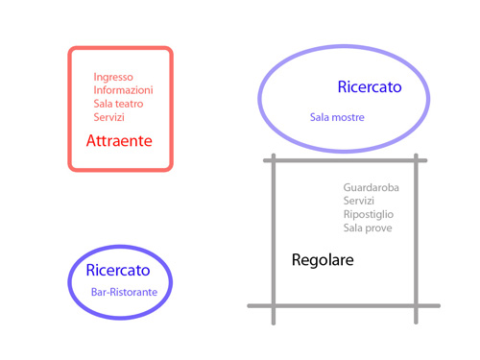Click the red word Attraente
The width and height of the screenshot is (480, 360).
click(x=119, y=140)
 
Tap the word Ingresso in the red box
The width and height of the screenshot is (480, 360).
click(x=113, y=77)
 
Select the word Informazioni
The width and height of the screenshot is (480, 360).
click(x=123, y=90)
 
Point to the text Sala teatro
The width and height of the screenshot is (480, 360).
click(x=119, y=104)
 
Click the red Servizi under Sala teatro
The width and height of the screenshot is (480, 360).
click(x=109, y=117)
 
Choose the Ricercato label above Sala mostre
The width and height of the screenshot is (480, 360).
click(x=370, y=87)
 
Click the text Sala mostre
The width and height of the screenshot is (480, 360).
click(x=337, y=117)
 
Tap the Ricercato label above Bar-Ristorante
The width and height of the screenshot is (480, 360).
click(x=118, y=271)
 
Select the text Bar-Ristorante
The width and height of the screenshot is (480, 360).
click(x=124, y=291)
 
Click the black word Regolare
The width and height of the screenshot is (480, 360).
click(x=323, y=260)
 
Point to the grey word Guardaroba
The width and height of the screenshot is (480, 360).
click(x=371, y=187)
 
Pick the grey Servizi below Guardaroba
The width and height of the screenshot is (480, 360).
click(x=359, y=201)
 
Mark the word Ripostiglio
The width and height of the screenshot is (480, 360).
click(x=369, y=214)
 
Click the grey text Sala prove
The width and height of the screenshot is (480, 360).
click(x=368, y=228)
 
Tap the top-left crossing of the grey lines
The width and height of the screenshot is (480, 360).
click(x=274, y=161)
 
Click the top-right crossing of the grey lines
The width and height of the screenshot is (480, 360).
click(x=416, y=161)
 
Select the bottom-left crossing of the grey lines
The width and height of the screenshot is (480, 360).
click(x=274, y=305)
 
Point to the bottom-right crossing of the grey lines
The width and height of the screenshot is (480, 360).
click(x=416, y=305)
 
